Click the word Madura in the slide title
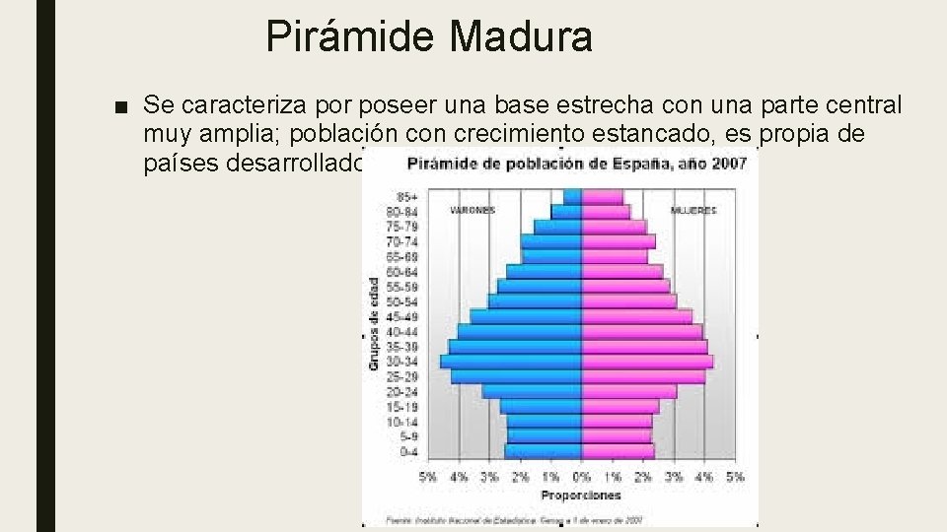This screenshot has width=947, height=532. coord(522,37)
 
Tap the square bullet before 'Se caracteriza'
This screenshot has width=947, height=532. coord(120,105)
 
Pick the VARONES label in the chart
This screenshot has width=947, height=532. coord(472,210)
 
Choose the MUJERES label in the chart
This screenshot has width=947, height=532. coord(692,210)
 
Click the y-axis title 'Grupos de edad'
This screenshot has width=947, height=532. coord(375,323)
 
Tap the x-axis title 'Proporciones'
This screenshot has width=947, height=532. coord(580,495)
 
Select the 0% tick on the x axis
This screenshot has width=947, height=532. coord(581,478)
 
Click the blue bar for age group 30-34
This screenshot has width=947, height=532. coord(511,362)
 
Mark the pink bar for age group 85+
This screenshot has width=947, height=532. coord(602,196)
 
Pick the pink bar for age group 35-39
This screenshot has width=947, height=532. coord(644,347)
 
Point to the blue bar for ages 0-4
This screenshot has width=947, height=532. coord(543,451)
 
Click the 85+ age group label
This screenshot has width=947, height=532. coord(406,196)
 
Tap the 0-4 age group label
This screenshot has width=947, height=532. coord(406,451)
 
